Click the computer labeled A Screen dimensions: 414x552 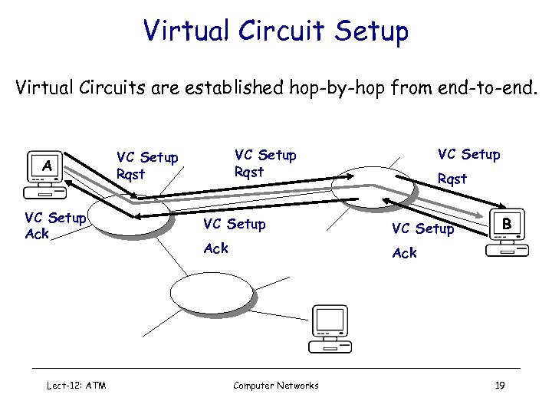[x=48, y=172]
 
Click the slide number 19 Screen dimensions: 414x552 [x=500, y=385]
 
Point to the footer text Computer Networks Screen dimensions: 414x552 [x=276, y=385]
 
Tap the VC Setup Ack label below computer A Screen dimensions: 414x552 [x=54, y=225]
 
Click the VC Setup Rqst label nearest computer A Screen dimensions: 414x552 [x=147, y=166]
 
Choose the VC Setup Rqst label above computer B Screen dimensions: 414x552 [x=468, y=166]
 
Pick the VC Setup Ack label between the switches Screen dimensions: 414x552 [x=233, y=236]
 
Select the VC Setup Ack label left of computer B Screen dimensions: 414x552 [x=422, y=240]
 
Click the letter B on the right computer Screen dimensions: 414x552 [x=507, y=224]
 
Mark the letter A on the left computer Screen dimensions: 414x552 [x=48, y=165]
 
